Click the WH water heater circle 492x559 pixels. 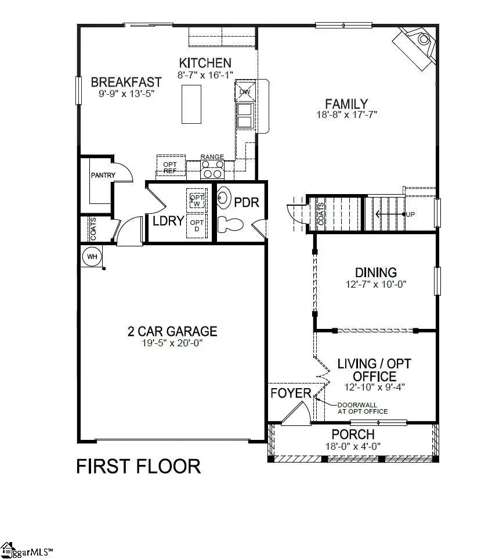pos(91,256)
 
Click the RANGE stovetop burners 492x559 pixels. pos(212,169)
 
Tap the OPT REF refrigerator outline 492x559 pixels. pos(170,167)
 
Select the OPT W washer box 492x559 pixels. pos(196,200)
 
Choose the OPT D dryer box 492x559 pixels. pos(197,226)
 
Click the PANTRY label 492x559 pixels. pos(103,175)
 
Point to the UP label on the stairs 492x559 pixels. pos(411,214)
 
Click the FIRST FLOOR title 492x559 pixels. pos(139,466)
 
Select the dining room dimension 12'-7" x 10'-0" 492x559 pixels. pos(376,285)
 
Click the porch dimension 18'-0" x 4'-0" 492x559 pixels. pos(353,446)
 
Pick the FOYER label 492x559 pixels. pos(291,393)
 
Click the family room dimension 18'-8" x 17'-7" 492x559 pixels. pos(347,115)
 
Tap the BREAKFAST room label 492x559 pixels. pos(126,82)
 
